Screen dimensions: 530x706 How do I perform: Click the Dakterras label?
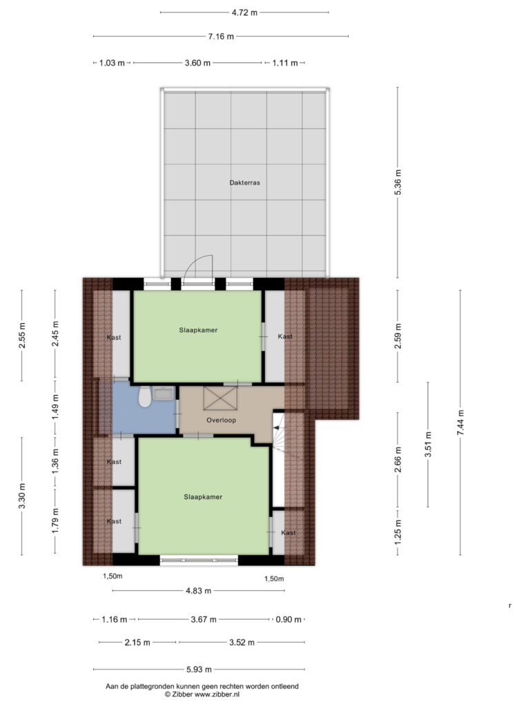pyautogui.click(x=244, y=183)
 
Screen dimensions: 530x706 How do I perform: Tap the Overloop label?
pyautogui.click(x=221, y=420)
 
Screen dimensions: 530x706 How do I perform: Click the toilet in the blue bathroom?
pyautogui.click(x=145, y=396)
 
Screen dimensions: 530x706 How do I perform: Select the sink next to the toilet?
pyautogui.click(x=163, y=394)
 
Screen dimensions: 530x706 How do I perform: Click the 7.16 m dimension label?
pyautogui.click(x=221, y=37)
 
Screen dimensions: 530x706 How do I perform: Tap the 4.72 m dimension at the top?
pyautogui.click(x=244, y=12)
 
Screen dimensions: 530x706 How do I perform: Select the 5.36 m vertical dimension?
pyautogui.click(x=398, y=182)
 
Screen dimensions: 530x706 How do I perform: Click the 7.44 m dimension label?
pyautogui.click(x=460, y=423)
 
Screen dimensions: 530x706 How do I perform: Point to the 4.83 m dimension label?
pyautogui.click(x=198, y=591)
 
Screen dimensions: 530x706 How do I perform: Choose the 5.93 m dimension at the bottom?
pyautogui.click(x=199, y=669)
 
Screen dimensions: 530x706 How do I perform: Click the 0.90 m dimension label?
pyautogui.click(x=288, y=620)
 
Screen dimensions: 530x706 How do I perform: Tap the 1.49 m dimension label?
pyautogui.click(x=55, y=407)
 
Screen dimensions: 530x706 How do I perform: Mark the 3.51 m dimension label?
pyautogui.click(x=428, y=445)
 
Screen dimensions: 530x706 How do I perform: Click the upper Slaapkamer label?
pyautogui.click(x=198, y=330)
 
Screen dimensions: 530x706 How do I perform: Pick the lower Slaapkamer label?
pyautogui.click(x=203, y=497)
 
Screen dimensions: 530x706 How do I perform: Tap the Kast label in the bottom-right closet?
pyautogui.click(x=288, y=533)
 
